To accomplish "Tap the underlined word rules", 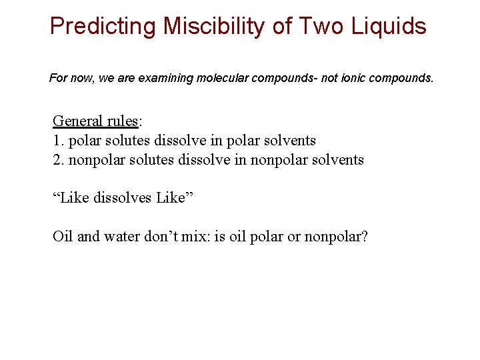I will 120,121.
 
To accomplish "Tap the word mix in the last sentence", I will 195,237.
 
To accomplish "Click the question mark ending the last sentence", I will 363,237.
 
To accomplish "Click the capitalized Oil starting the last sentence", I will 63,237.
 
